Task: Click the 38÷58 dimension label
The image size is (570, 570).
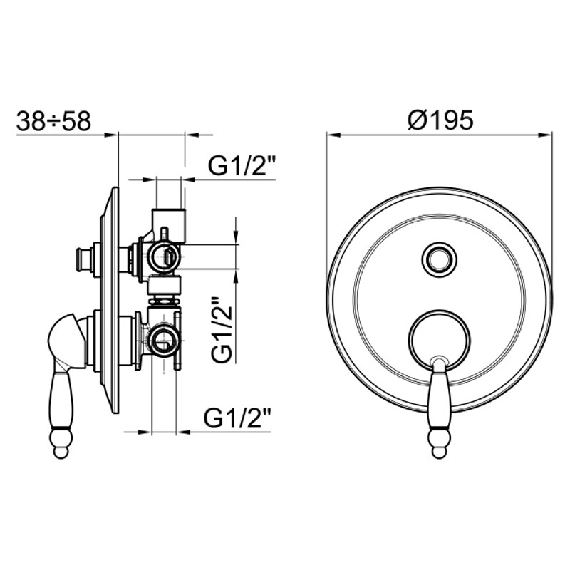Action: coord(53,121)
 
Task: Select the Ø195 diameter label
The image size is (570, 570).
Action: coord(440,120)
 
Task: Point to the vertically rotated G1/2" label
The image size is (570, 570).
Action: coord(222,329)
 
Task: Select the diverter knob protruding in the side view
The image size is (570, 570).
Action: coord(83,259)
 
